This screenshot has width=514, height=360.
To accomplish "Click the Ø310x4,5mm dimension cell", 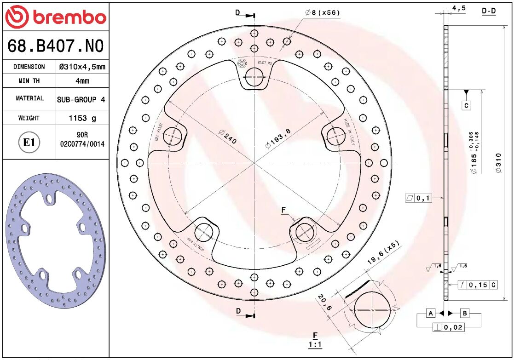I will coord(82,67).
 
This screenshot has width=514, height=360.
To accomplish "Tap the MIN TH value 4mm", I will coord(82,81).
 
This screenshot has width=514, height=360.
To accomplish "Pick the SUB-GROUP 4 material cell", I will coord(82,99).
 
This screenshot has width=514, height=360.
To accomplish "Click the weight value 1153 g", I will coord(82,118).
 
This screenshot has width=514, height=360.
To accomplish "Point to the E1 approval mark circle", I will coord(29,143).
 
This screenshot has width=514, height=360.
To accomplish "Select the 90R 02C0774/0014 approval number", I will coord(82,139).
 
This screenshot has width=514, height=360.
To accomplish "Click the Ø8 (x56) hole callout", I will coord(323,13).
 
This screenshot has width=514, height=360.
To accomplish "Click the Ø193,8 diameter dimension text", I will coord(278,138).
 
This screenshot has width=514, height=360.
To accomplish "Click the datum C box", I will coord(466,105).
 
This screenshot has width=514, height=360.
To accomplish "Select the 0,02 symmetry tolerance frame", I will coord(448,327).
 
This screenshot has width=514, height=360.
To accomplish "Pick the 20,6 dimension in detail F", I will coord(323,303).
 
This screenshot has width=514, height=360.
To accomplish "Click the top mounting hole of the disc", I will coord(254,77).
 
